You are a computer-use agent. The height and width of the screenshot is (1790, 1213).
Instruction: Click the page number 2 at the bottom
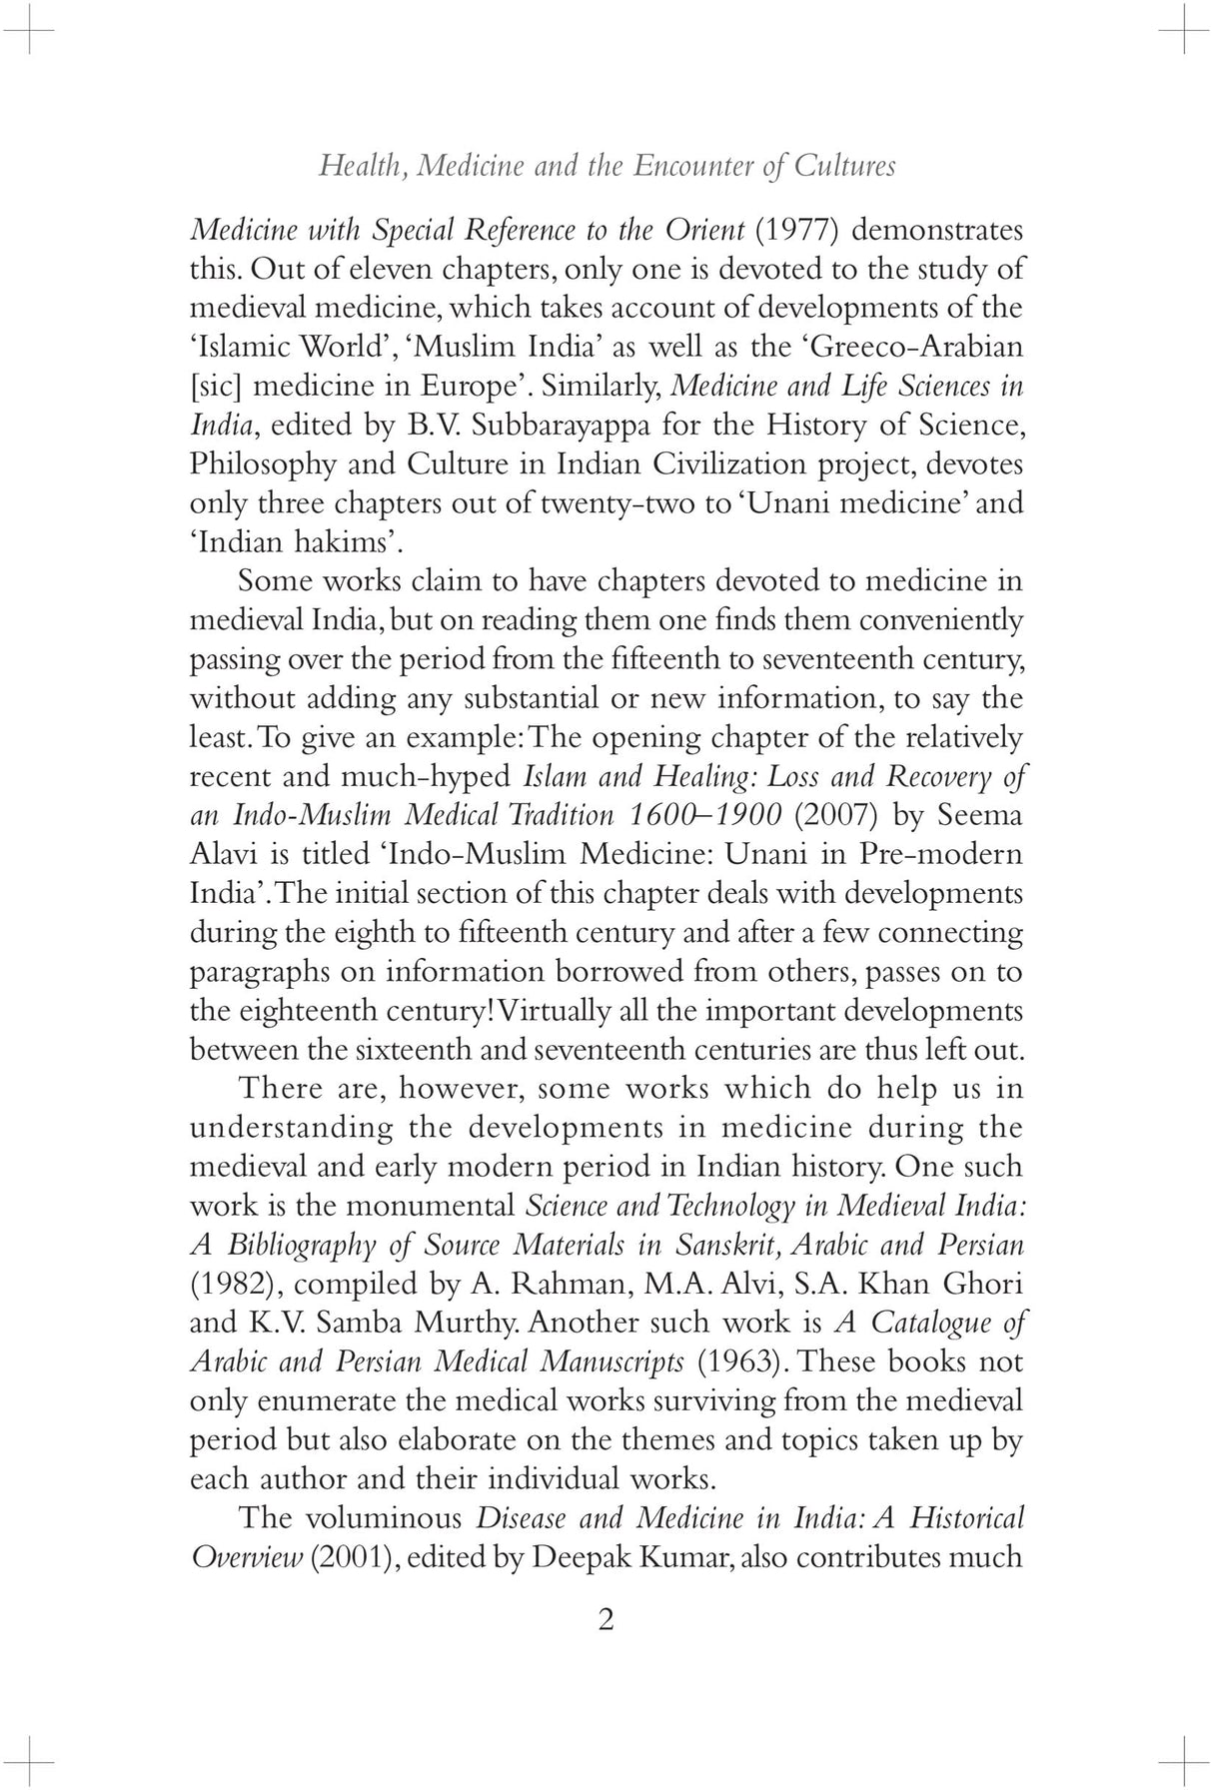(606, 1619)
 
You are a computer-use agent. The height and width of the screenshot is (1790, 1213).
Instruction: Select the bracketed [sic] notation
(216, 387)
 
